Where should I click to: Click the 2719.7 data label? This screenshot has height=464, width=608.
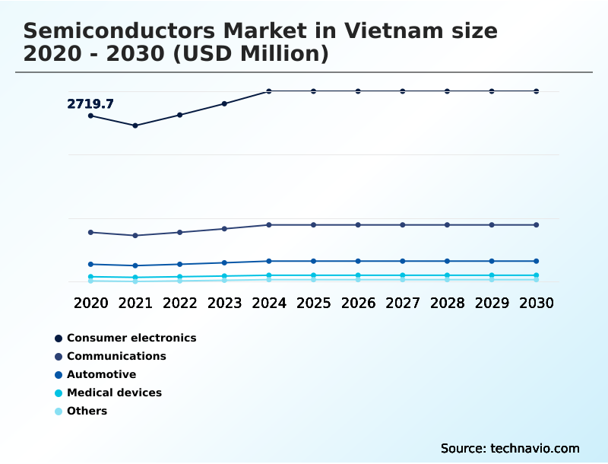[x=90, y=104]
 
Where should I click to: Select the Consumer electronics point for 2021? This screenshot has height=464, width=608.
[x=135, y=126]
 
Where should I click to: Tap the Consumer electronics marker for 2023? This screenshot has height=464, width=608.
[x=224, y=103]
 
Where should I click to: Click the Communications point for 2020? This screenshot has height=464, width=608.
[x=90, y=232]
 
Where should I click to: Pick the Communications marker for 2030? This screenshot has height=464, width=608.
[x=537, y=225]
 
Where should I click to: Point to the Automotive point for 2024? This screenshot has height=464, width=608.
[x=269, y=261]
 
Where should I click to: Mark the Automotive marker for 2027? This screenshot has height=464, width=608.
[x=403, y=261]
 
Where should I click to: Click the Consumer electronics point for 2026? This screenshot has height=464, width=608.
[x=358, y=91]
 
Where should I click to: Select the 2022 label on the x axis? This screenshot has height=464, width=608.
[x=180, y=303]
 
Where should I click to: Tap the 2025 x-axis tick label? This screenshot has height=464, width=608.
[x=313, y=303]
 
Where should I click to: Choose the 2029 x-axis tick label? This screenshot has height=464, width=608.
[x=492, y=303]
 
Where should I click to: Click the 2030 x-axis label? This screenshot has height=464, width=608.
[x=537, y=303]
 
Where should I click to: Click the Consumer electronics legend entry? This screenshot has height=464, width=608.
[x=131, y=338]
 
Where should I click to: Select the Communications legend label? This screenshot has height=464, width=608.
[x=116, y=356]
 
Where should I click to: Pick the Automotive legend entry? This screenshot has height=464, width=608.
[x=101, y=374]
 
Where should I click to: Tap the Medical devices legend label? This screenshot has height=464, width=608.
[x=114, y=392]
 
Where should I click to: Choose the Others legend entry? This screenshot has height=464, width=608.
[x=87, y=411]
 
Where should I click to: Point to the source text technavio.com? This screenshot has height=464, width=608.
[x=535, y=448]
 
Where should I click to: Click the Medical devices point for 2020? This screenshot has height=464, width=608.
[x=90, y=277]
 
